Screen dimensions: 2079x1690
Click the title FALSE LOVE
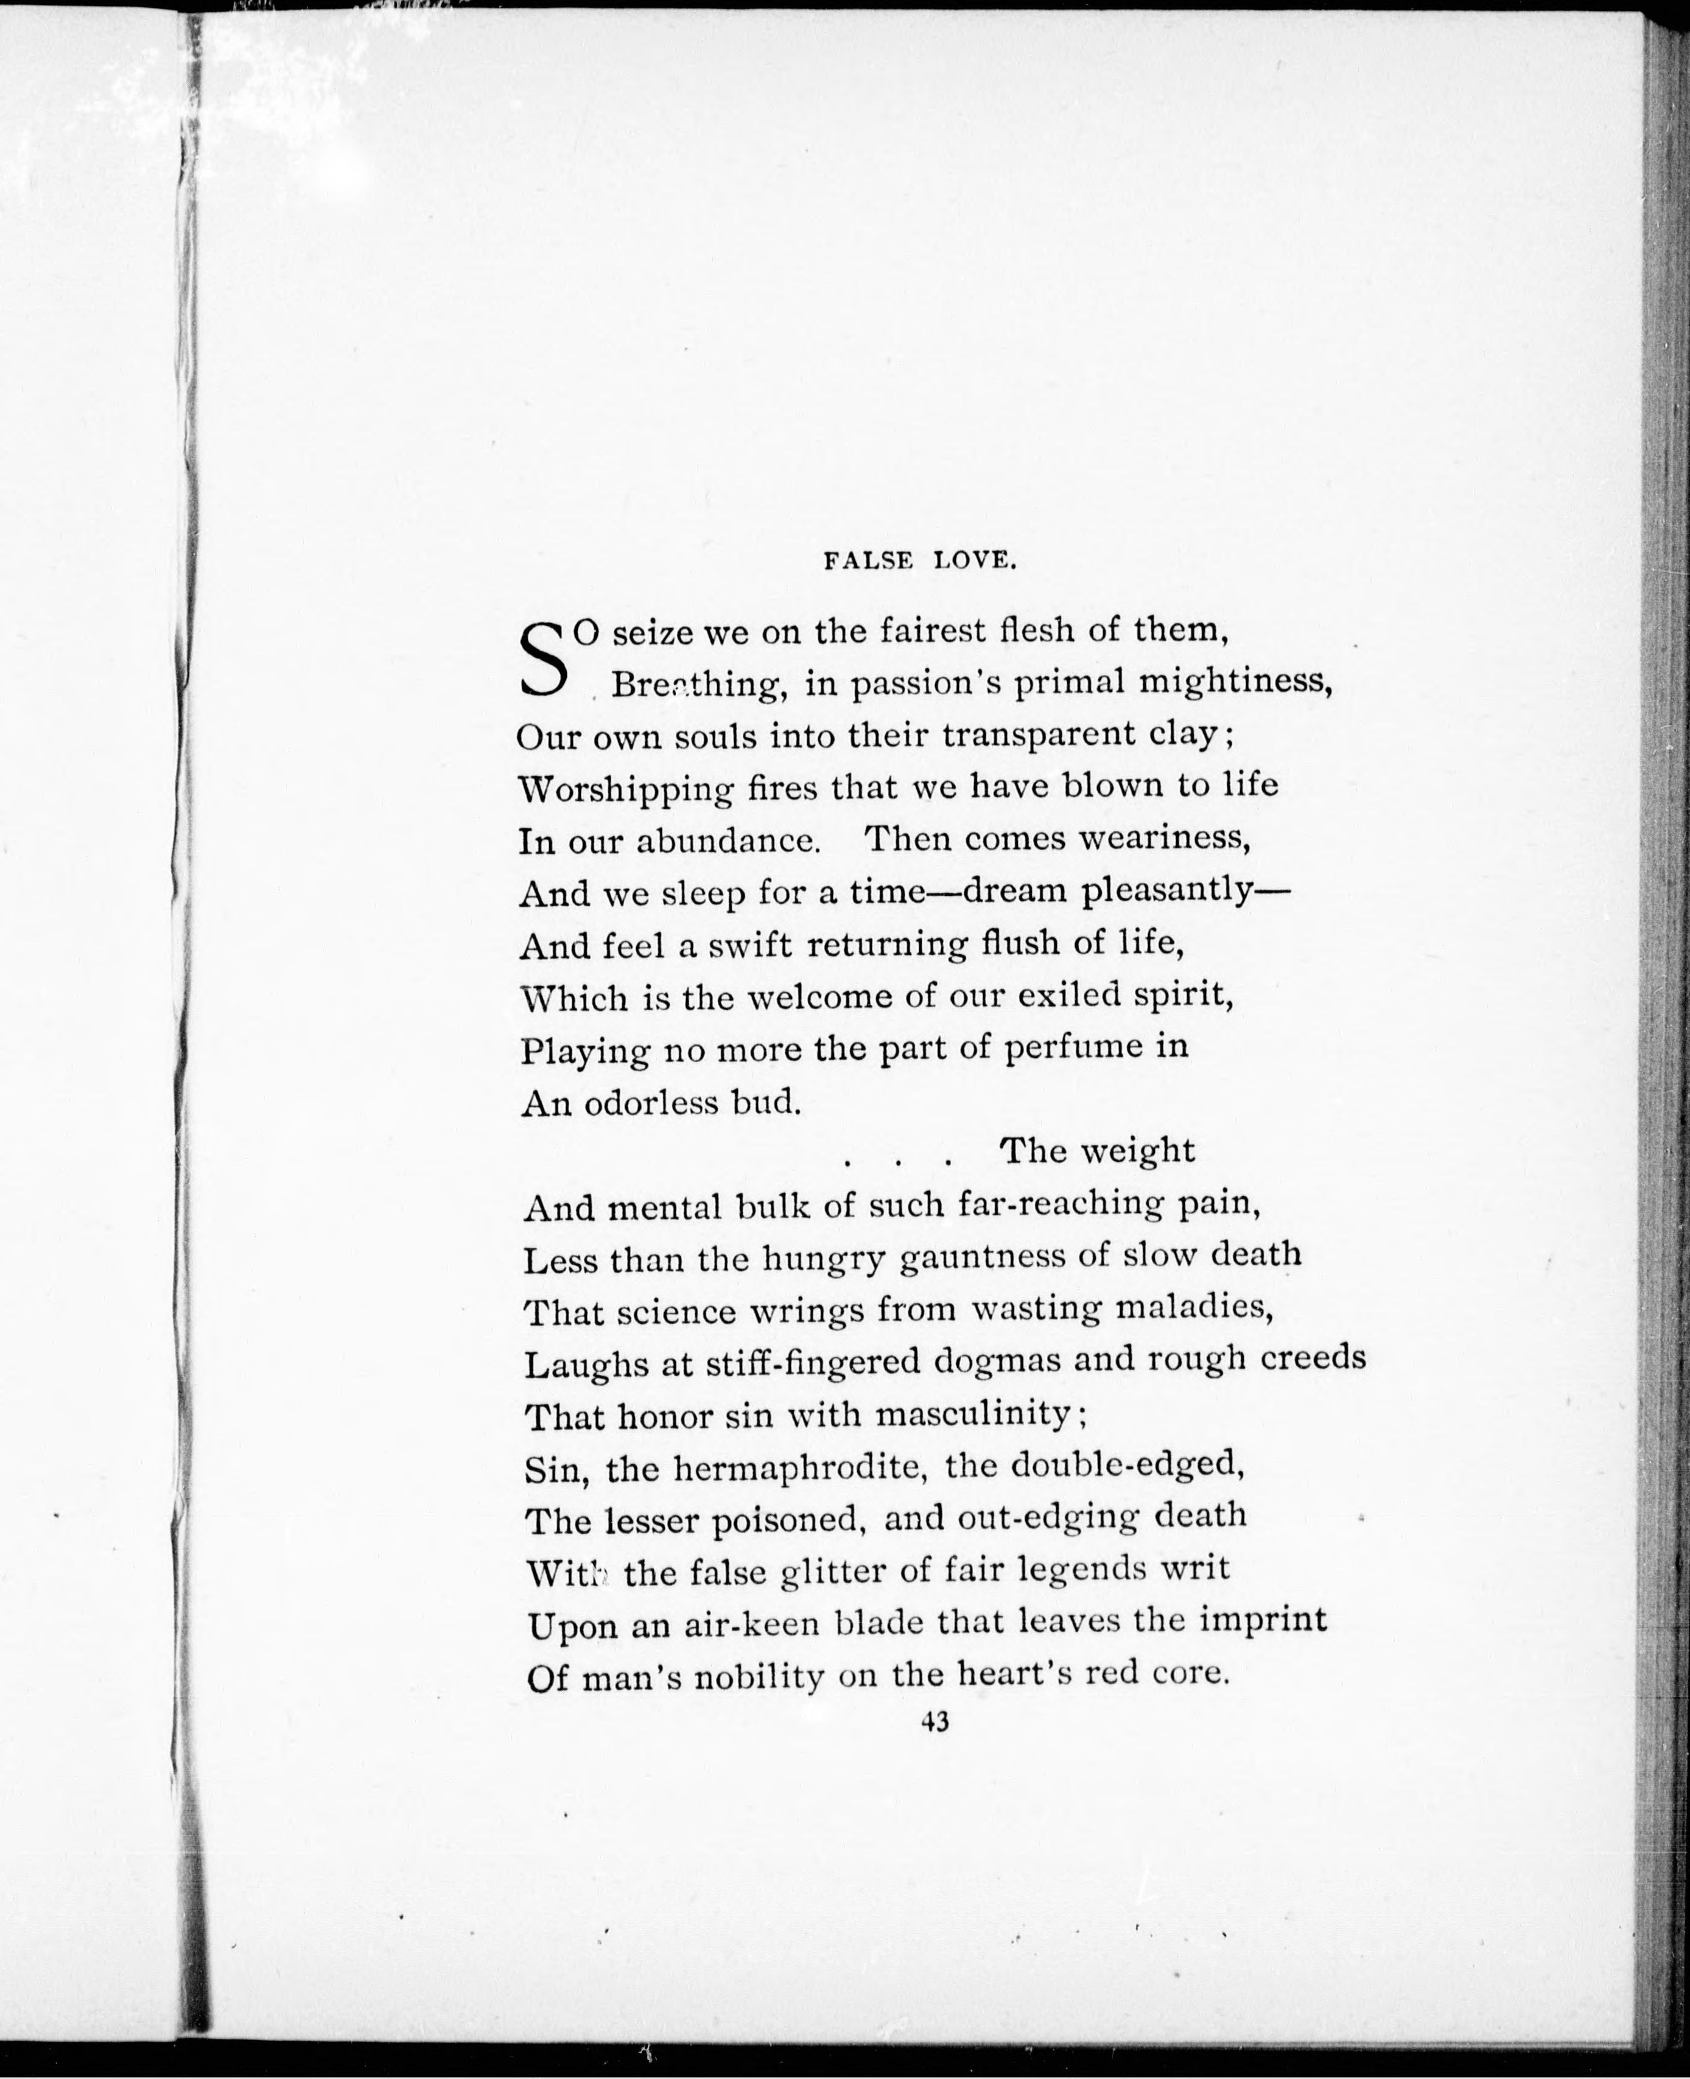pyautogui.click(x=920, y=561)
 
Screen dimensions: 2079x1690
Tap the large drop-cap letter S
pyautogui.click(x=543, y=660)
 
